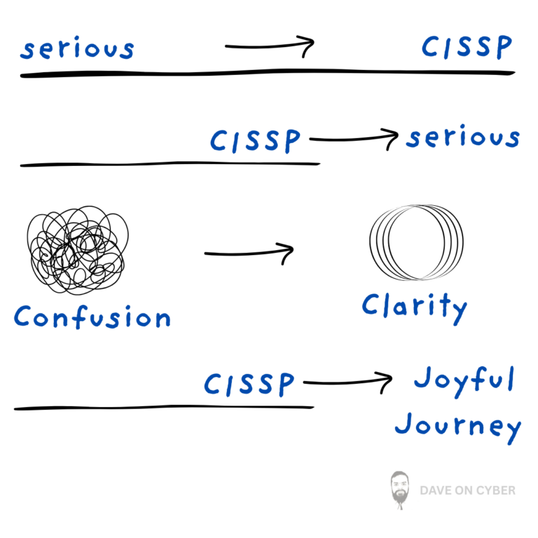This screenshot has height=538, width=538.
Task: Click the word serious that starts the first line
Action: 77,49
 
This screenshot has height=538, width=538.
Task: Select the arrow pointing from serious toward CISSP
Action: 269,47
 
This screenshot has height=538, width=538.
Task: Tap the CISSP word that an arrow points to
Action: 467,48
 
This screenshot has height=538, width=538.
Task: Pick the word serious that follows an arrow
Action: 463,137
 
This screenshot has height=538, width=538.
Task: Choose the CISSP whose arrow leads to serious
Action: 256,141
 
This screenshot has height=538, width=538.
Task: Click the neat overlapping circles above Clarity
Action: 416,242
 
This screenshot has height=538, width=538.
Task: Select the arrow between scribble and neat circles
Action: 249,253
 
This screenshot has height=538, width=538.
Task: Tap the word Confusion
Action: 92,317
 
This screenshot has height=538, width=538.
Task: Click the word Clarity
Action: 414,307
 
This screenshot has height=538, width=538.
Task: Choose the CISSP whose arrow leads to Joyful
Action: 249,384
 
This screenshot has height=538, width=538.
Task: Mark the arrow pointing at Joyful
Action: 347,382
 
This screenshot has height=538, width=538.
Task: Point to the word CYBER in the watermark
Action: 495,490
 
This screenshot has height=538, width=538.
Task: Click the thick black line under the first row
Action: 266,73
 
